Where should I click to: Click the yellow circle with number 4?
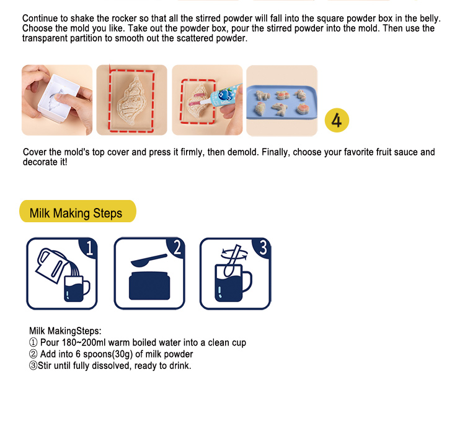pyautogui.click(x=337, y=120)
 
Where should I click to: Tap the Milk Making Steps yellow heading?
pyautogui.click(x=77, y=211)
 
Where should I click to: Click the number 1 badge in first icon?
pyautogui.click(x=89, y=248)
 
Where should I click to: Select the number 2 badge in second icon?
pyautogui.click(x=177, y=248)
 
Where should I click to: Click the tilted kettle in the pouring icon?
pyautogui.click(x=51, y=265)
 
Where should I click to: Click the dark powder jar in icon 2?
pyautogui.click(x=149, y=285)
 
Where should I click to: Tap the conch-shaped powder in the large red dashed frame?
pyautogui.click(x=132, y=101)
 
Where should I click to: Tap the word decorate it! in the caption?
pyautogui.click(x=45, y=162)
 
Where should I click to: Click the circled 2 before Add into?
pyautogui.click(x=33, y=354)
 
